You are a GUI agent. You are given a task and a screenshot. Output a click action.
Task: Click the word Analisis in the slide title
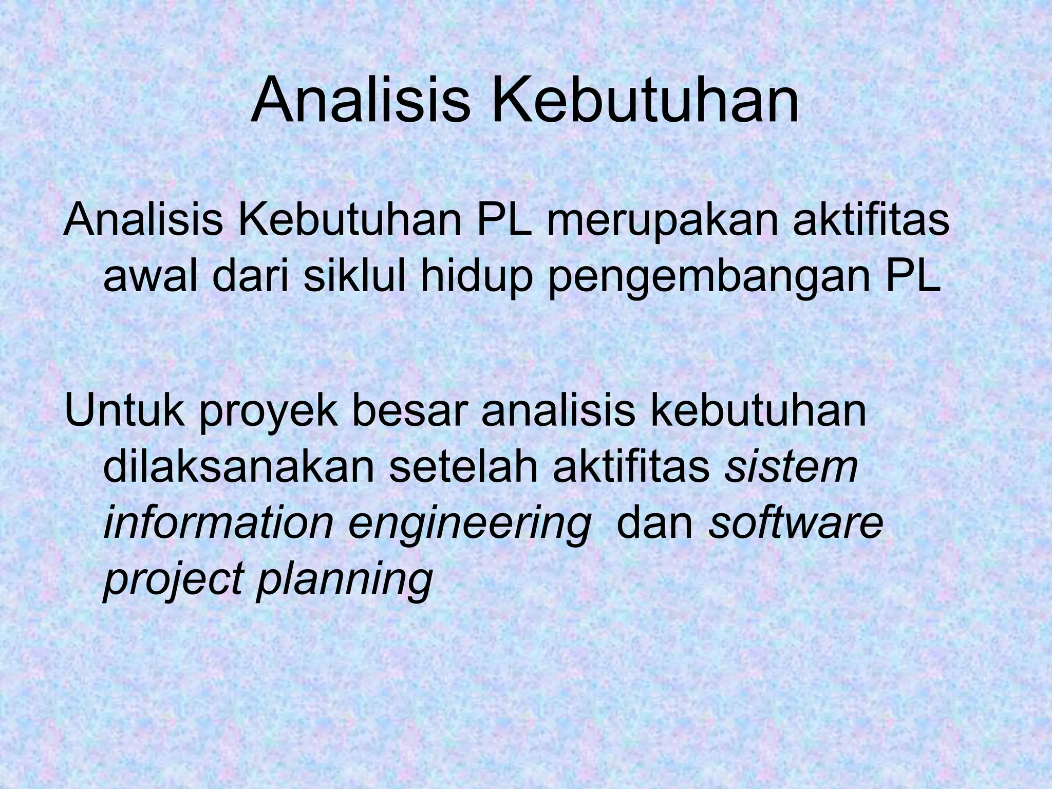(360, 101)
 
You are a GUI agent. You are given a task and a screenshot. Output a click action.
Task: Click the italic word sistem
(791, 468)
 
